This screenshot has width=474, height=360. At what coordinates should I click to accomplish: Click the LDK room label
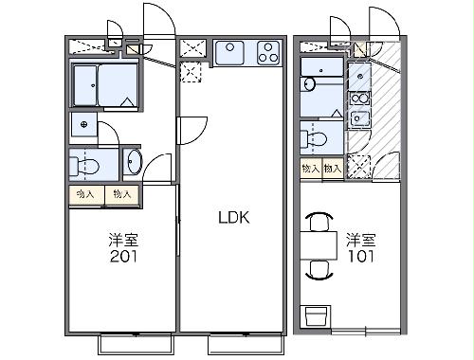click(x=233, y=217)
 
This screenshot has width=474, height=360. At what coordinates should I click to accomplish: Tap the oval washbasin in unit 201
click(x=132, y=163)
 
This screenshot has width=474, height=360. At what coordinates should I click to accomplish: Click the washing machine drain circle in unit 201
click(x=84, y=124)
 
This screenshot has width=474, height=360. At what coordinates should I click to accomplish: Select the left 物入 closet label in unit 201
click(x=85, y=194)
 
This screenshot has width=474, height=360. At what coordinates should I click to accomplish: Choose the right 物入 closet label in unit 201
click(x=120, y=194)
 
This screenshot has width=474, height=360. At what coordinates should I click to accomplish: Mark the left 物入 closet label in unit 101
click(x=310, y=168)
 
